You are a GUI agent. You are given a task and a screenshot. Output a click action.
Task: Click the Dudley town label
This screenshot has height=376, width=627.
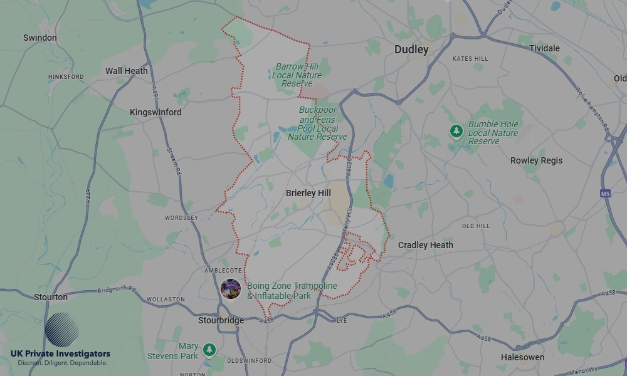coord(411,50)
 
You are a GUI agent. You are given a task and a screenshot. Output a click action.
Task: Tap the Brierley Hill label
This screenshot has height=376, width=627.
coord(308,193)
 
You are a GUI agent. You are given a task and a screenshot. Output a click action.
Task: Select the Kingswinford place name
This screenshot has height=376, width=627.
coord(155,112)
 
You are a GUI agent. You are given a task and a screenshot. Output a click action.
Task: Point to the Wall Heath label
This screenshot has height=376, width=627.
coord(127,71)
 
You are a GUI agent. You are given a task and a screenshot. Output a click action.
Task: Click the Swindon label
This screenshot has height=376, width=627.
coord(40,38)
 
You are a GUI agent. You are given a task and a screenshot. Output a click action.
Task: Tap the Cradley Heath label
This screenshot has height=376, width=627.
coord(425,245)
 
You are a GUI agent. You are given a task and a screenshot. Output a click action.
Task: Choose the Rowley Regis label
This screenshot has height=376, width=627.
coord(536,160)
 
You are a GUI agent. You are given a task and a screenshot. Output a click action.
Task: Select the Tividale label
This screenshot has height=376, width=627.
coord(544,48)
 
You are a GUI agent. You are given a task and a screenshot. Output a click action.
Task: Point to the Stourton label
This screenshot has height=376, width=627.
coord(51,297)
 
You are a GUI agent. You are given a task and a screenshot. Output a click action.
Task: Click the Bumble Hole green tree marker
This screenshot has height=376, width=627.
coord(456,131)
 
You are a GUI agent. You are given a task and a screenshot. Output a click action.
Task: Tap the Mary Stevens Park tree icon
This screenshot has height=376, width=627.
coord(209,350)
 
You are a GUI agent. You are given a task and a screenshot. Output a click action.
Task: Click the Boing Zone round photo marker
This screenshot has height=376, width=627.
coord(231,289)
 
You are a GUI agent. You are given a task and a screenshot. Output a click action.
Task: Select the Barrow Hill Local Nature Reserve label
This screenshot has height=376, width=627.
coord(297,75)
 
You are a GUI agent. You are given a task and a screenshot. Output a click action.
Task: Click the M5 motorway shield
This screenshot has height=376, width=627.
coord(605,194)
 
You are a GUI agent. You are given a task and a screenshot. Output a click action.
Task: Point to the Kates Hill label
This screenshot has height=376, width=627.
coord(470,59)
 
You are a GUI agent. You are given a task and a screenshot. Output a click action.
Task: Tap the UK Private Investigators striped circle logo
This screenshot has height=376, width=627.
coord(62,330)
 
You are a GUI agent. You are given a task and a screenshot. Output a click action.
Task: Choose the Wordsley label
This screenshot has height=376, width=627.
coord(181,217)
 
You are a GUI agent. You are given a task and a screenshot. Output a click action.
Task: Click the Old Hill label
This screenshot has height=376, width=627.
coord(476,226)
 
